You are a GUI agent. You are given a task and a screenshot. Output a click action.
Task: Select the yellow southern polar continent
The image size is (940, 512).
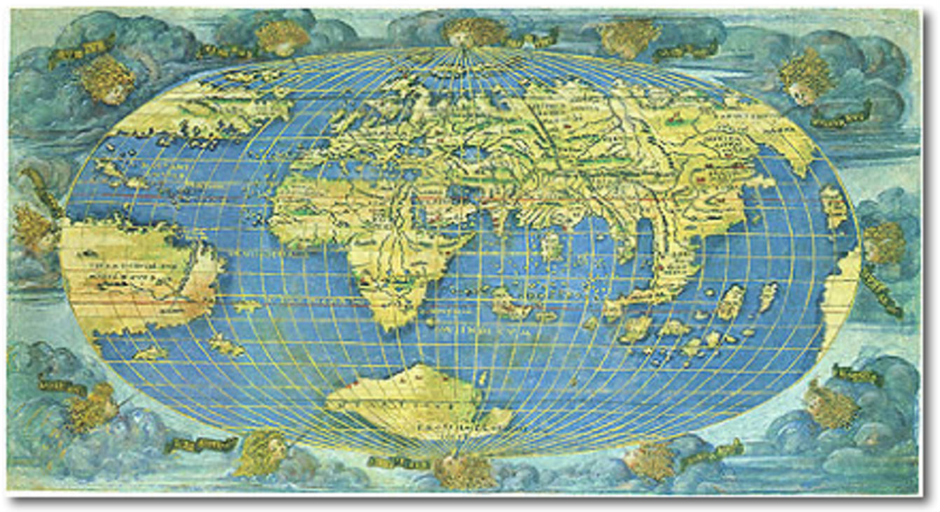point(420,403)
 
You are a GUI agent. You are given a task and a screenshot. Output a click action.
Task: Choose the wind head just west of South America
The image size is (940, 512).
point(32,224)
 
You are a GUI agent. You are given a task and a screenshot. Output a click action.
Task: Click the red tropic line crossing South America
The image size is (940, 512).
point(133,303)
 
